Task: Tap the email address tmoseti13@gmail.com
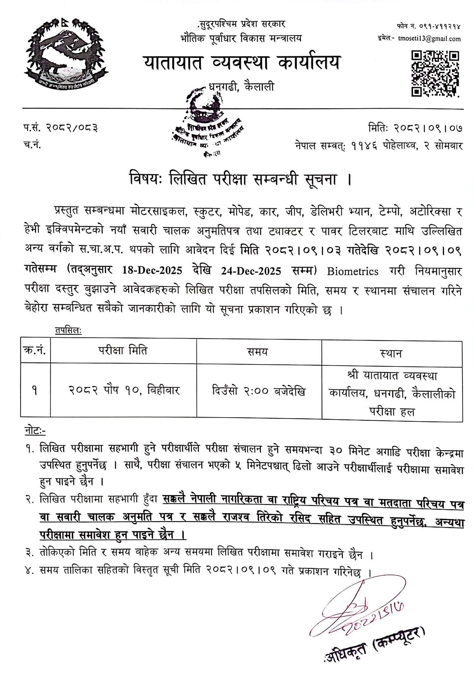[429, 39]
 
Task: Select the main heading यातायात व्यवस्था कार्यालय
[241, 63]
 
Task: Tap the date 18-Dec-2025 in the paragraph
[152, 271]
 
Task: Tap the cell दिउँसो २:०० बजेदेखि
[258, 391]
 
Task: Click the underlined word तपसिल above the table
[68, 331]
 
